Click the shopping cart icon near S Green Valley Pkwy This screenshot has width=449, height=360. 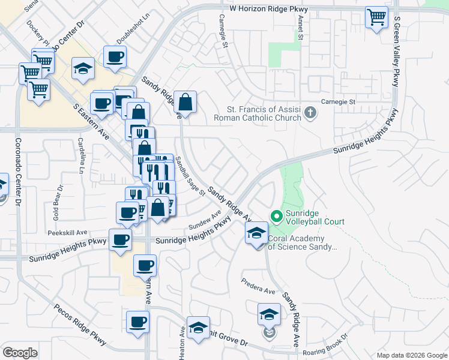tap(376, 17)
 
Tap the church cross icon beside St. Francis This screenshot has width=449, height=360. tap(310, 113)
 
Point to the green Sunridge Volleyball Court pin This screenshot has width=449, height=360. tap(277, 215)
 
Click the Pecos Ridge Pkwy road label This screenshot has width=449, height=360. tap(80, 324)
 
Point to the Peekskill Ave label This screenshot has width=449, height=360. tap(69, 232)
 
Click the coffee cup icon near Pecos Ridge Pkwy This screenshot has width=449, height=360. tap(137, 322)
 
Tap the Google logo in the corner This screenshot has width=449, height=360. tap(20, 353)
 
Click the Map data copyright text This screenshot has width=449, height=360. tap(411, 355)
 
